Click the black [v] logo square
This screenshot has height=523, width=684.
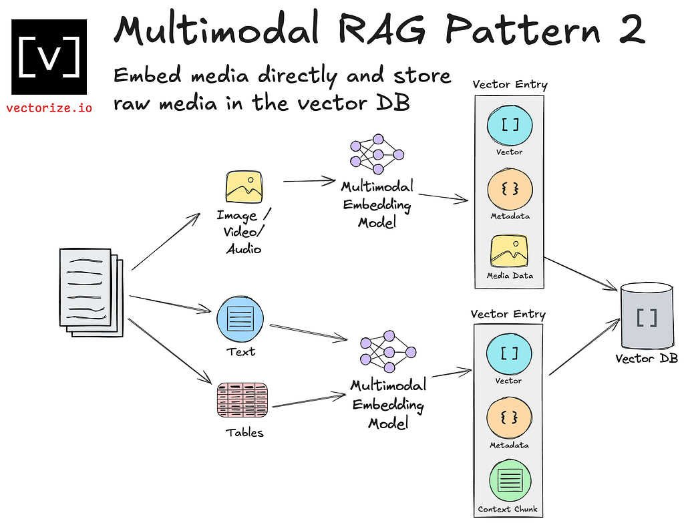(x=49, y=57)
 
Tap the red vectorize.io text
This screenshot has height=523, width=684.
(x=49, y=108)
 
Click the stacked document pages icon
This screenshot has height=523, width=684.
(x=91, y=293)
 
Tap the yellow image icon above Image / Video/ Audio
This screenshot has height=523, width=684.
(x=244, y=187)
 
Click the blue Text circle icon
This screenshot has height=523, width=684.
(x=240, y=319)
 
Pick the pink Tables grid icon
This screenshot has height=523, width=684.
(x=242, y=400)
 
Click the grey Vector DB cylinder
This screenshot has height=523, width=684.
(x=647, y=315)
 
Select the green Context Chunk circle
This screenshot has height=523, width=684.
(x=510, y=480)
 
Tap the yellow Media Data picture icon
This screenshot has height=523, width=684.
(x=509, y=251)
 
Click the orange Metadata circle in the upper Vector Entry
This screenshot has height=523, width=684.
(x=510, y=190)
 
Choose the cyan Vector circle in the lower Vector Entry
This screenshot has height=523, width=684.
(x=508, y=353)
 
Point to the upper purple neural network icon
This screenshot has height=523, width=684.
(x=377, y=154)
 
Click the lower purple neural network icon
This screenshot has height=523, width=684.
(x=388, y=351)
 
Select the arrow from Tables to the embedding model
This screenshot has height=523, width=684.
(x=309, y=401)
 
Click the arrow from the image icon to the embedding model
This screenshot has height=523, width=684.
(x=309, y=180)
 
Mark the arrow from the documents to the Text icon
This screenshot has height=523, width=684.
(x=170, y=304)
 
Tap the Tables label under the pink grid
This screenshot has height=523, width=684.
(x=244, y=432)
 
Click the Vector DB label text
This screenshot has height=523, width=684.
(x=647, y=359)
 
